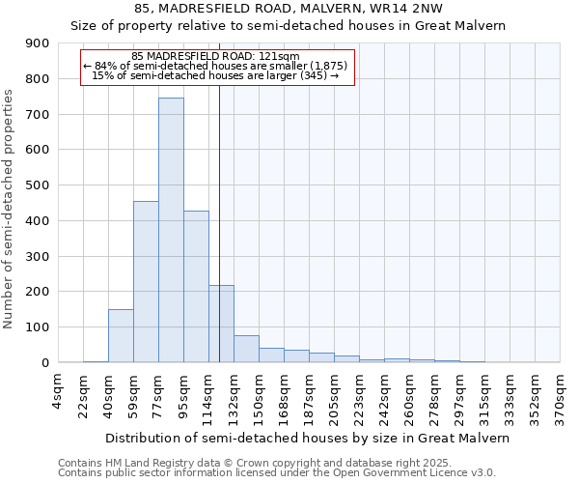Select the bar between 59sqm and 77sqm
(146, 281)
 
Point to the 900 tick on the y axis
(40, 43)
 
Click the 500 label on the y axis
(40, 185)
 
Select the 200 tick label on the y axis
(40, 292)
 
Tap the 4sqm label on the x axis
(58, 390)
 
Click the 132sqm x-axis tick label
(234, 396)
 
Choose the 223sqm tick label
(359, 396)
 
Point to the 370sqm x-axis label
(560, 396)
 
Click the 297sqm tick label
(459, 396)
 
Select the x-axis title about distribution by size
(307, 438)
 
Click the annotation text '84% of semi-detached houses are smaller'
(218, 66)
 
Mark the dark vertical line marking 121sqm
(220, 222)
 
